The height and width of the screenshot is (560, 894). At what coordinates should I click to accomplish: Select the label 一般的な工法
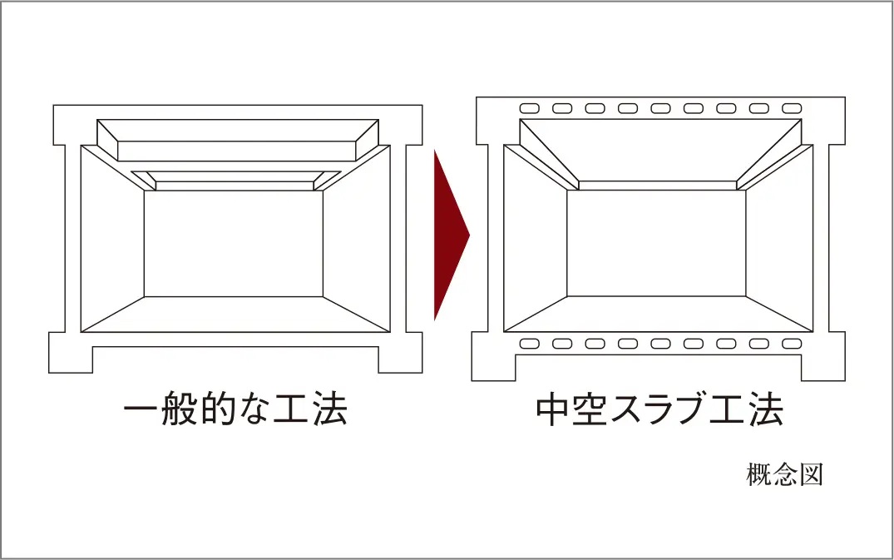tap(235, 409)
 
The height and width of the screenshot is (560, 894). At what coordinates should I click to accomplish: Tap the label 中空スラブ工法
tap(659, 409)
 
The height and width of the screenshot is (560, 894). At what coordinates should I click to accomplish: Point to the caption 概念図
tap(784, 476)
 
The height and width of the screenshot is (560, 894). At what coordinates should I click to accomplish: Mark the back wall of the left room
tap(233, 243)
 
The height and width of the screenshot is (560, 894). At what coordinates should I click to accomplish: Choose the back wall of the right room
tap(656, 243)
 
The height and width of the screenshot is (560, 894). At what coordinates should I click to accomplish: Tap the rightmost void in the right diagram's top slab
tap(792, 108)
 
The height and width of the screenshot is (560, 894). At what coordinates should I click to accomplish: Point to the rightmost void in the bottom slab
tap(792, 344)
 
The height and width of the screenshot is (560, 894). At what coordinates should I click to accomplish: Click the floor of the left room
tap(235, 315)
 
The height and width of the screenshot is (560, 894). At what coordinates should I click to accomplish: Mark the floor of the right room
tap(656, 315)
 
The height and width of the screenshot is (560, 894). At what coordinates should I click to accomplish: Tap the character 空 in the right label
tap(597, 409)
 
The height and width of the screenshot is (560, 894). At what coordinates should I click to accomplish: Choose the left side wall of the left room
tap(112, 241)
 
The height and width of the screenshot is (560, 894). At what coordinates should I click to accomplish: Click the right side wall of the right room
tap(780, 241)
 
